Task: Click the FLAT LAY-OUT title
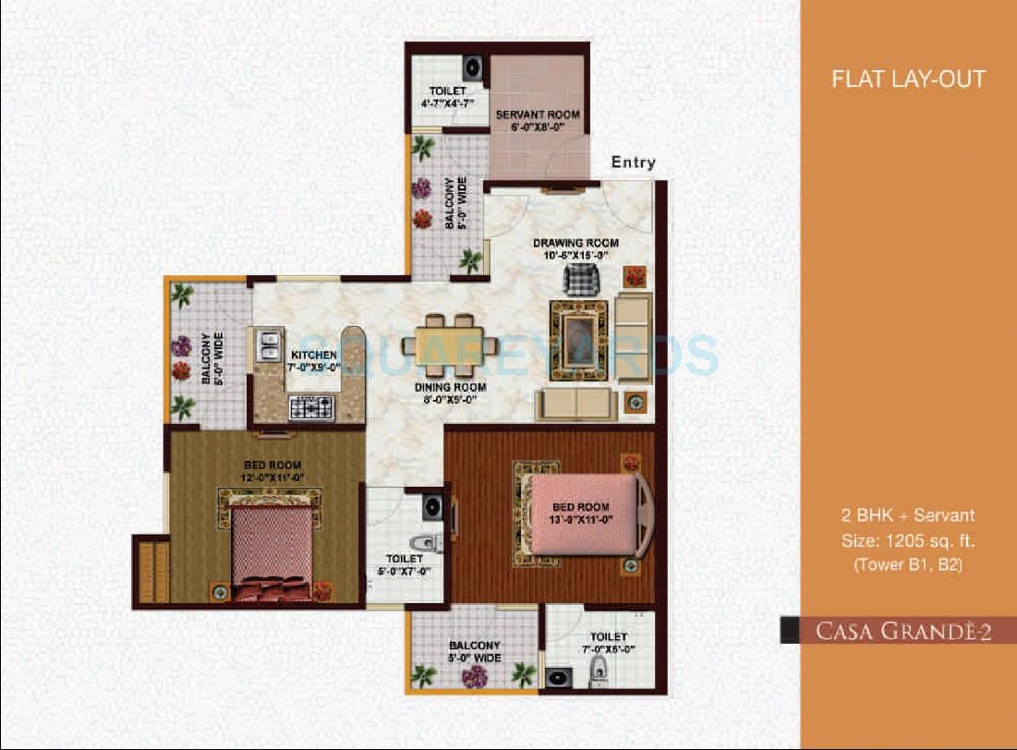(908, 79)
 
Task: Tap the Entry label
(633, 163)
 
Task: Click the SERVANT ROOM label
(538, 121)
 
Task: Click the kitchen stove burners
(311, 406)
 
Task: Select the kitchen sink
(269, 346)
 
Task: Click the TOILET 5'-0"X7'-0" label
(404, 565)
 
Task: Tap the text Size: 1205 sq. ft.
(908, 540)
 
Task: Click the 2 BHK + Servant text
(908, 515)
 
